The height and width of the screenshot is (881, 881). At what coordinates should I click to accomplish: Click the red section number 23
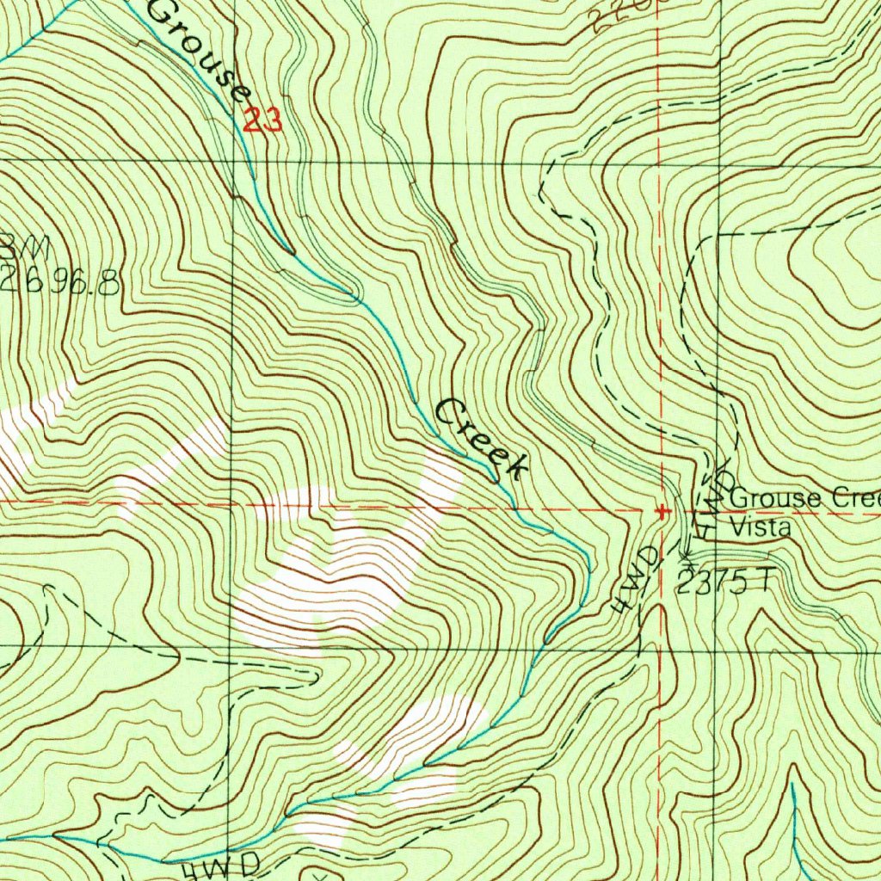pyautogui.click(x=262, y=120)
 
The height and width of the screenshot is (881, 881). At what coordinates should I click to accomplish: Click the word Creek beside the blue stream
pyautogui.click(x=482, y=439)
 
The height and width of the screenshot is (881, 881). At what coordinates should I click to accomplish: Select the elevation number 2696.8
pyautogui.click(x=60, y=282)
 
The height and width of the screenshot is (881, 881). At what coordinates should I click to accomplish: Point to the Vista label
pyautogui.click(x=760, y=527)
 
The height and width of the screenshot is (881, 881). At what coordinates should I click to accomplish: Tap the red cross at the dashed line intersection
pyautogui.click(x=662, y=511)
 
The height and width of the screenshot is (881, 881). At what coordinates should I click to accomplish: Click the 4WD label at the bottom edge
pyautogui.click(x=222, y=866)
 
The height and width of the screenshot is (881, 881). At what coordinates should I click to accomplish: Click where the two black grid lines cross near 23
pyautogui.click(x=233, y=161)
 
